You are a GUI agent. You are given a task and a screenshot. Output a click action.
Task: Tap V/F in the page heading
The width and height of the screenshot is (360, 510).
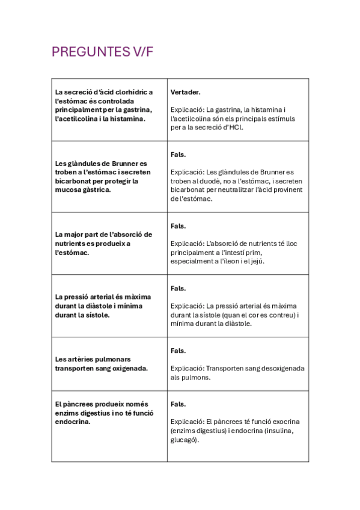tap(142, 52)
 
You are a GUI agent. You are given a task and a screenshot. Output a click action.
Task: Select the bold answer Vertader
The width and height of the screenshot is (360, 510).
tap(185, 92)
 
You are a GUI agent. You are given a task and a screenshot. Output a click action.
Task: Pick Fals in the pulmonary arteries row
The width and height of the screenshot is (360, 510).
tap(178, 350)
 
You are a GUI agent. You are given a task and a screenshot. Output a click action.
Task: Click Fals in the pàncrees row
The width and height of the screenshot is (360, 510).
tap(178, 404)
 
